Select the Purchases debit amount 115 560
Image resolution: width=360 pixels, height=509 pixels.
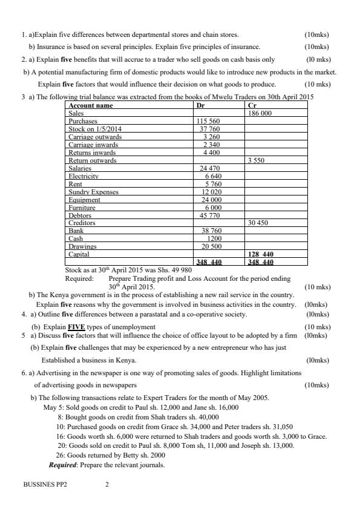click(209, 121)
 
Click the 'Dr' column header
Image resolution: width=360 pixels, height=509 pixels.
click(201, 105)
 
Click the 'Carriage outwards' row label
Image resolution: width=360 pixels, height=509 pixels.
click(95, 137)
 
